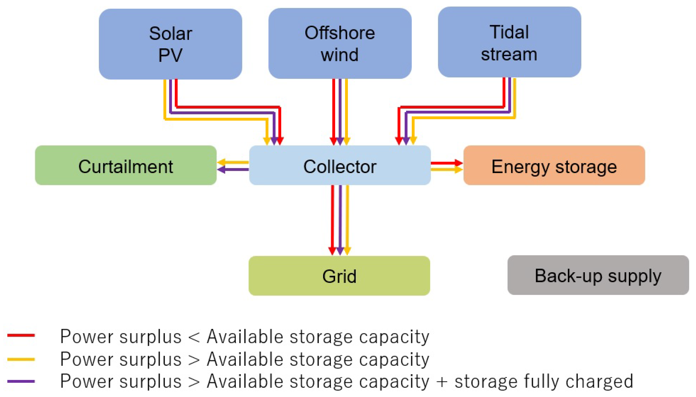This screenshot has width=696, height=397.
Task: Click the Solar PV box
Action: (170, 44)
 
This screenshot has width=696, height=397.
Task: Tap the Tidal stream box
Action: (509, 42)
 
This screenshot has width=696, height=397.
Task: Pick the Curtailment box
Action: (126, 165)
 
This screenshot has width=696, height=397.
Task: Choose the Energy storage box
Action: (554, 165)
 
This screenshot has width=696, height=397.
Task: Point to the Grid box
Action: (339, 276)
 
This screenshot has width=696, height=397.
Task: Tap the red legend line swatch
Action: (21, 335)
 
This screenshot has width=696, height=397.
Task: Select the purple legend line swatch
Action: (21, 381)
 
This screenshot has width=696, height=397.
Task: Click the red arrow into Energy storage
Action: (446, 163)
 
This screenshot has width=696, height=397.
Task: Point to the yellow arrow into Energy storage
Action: (446, 170)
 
